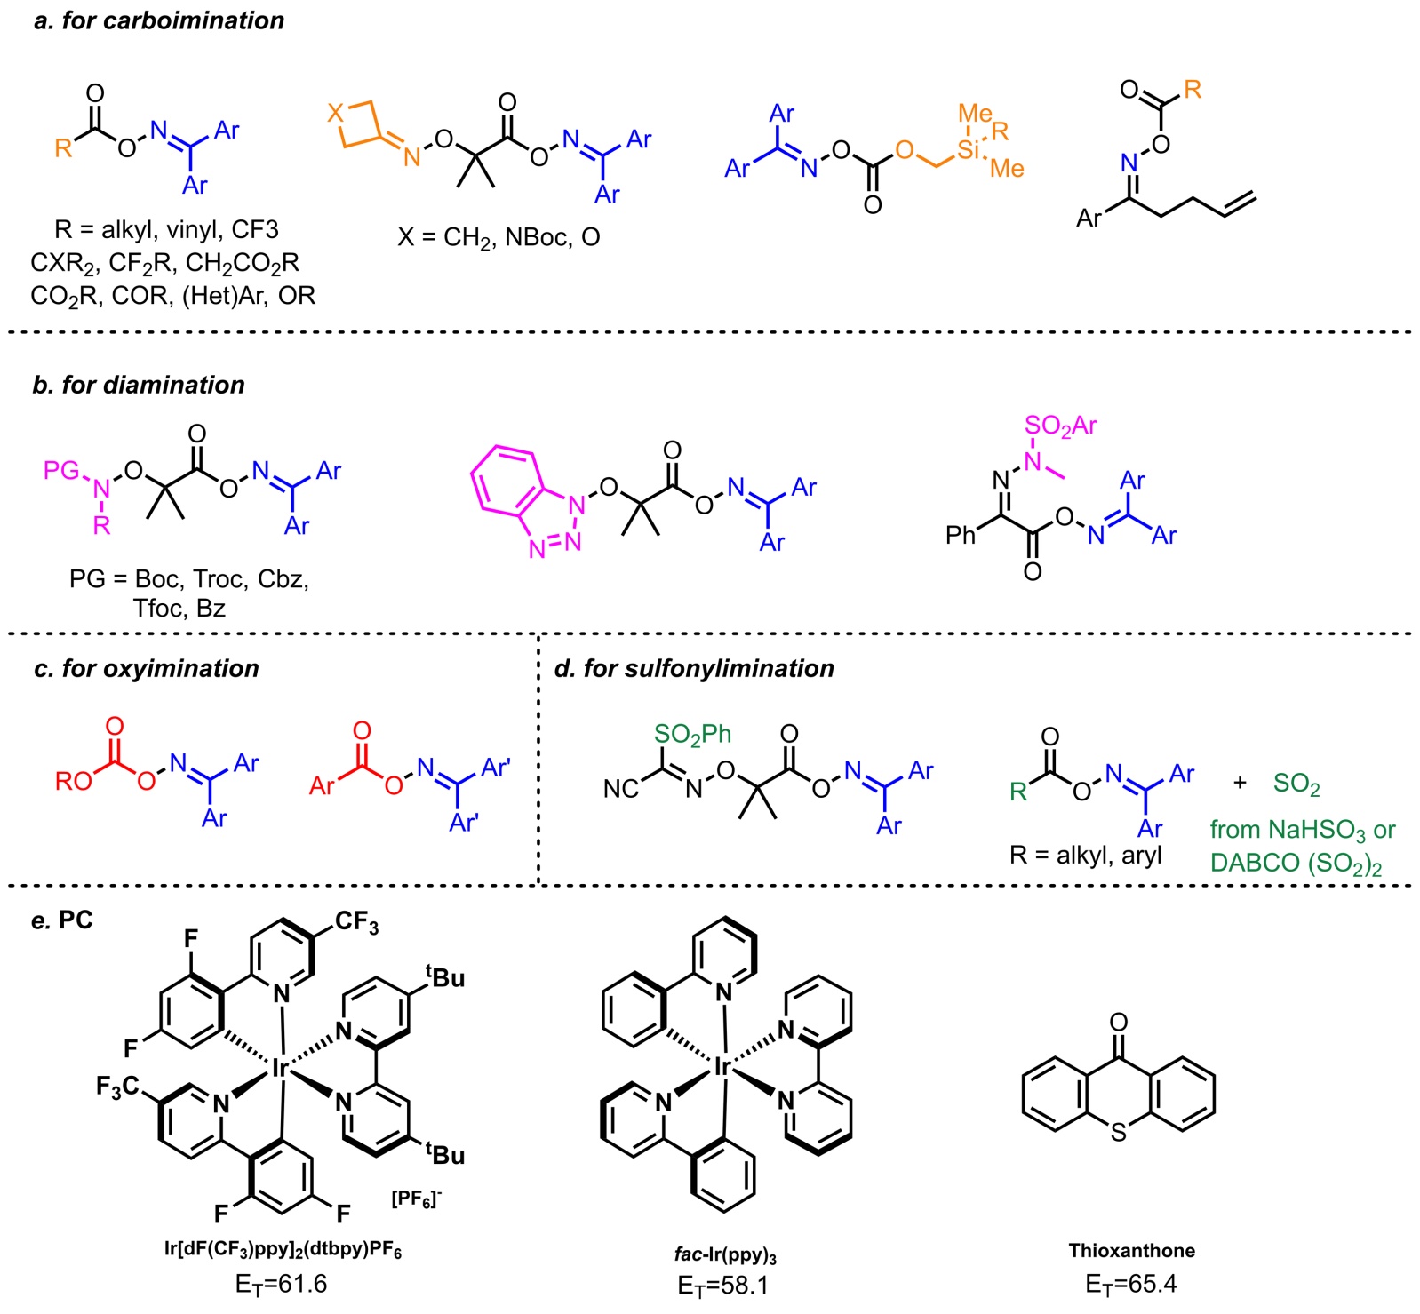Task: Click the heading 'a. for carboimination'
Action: tap(159, 20)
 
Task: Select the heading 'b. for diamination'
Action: tap(139, 385)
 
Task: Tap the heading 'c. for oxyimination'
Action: tap(147, 668)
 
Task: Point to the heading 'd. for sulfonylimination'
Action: tap(694, 668)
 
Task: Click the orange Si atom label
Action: tap(969, 149)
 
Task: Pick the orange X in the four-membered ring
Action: tap(335, 113)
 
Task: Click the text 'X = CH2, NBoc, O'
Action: tap(499, 237)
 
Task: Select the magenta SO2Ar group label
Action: tap(1060, 426)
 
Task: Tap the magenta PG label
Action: tap(62, 470)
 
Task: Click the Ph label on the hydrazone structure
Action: tap(961, 535)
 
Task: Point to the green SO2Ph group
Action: tap(692, 734)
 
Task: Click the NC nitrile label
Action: tap(621, 789)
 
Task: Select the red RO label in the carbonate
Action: tap(74, 782)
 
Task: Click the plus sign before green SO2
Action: tap(1240, 783)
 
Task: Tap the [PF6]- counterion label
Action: tap(416, 1200)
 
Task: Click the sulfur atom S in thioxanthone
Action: tap(1118, 1133)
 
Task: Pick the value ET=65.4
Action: tap(1130, 1285)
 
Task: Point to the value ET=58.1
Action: tap(722, 1286)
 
